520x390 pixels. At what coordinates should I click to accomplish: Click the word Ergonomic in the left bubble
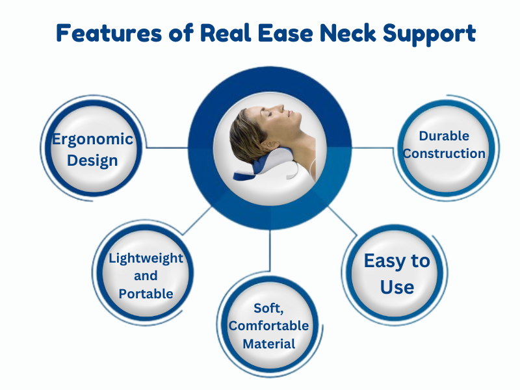point(93,139)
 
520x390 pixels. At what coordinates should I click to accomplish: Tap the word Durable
point(444,136)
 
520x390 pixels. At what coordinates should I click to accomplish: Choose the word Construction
point(444,153)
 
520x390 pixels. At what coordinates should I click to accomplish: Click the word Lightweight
point(146,258)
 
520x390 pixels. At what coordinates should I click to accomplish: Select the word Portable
point(146,293)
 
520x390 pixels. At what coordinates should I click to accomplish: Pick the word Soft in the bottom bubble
point(267,308)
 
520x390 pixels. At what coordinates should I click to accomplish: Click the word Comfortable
point(268,326)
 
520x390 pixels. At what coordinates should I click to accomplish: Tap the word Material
point(268,343)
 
